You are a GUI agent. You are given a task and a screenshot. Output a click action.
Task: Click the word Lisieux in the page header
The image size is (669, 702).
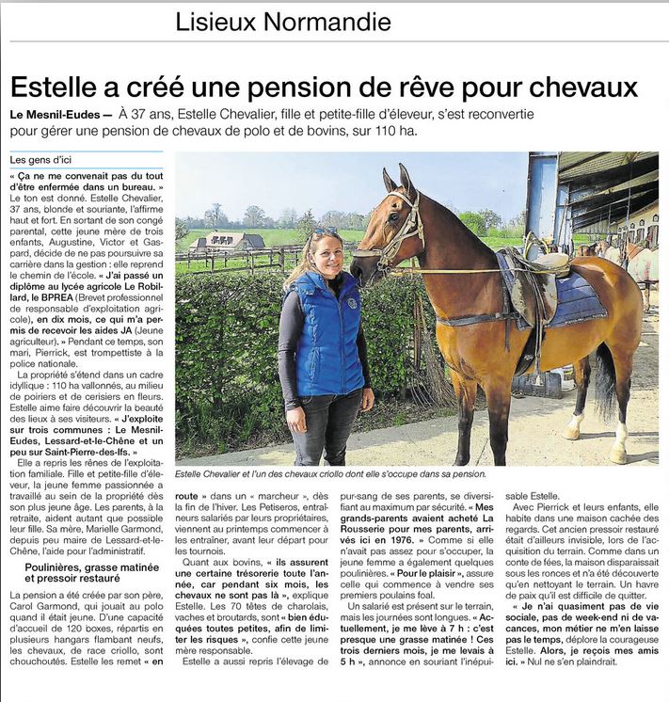pyautogui.click(x=210, y=21)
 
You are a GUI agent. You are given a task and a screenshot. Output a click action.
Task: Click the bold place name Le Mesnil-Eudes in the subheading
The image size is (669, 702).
pyautogui.click(x=54, y=114)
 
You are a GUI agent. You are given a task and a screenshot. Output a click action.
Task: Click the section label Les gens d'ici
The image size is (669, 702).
pyautogui.click(x=41, y=161)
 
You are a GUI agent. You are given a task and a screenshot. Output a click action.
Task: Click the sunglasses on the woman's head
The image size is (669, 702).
pyautogui.click(x=324, y=231)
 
